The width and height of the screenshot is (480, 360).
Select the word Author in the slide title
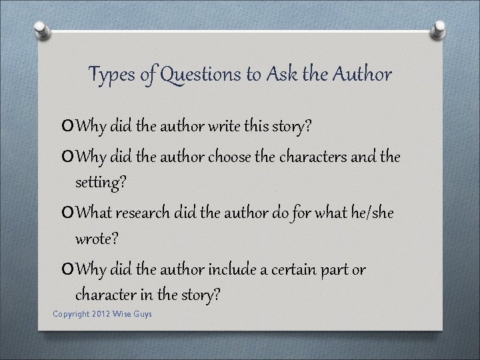coord(363,74)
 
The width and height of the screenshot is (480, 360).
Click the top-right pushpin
coord(439,29)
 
